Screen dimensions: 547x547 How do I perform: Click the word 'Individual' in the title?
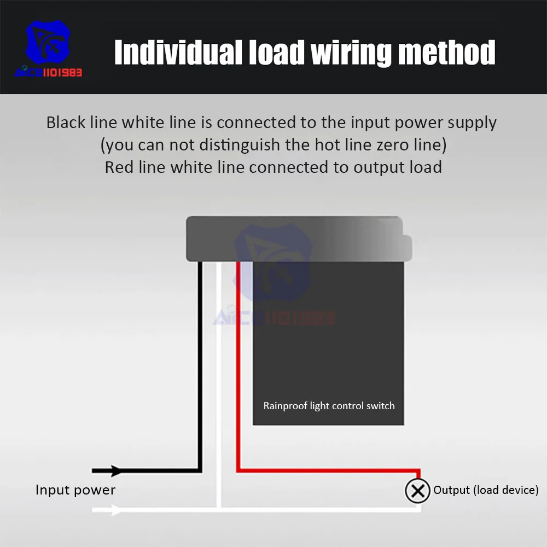pyautogui.click(x=178, y=53)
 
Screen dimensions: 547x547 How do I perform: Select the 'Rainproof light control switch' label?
pyautogui.click(x=329, y=406)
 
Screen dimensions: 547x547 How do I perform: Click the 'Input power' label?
pyautogui.click(x=75, y=490)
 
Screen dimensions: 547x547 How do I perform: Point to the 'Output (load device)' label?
pyautogui.click(x=486, y=490)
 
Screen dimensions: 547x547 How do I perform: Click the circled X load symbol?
pyautogui.click(x=418, y=491)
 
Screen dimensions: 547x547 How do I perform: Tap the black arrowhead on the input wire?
pyautogui.click(x=115, y=470)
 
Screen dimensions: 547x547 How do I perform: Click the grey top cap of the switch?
pyautogui.click(x=295, y=238)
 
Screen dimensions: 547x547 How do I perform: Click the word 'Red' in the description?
pyautogui.click(x=115, y=167)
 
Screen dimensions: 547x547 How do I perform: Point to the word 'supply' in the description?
pyautogui.click(x=472, y=123)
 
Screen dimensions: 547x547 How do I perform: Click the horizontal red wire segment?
pyautogui.click(x=328, y=470)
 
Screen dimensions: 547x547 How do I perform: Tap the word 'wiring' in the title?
pyautogui.click(x=351, y=53)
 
